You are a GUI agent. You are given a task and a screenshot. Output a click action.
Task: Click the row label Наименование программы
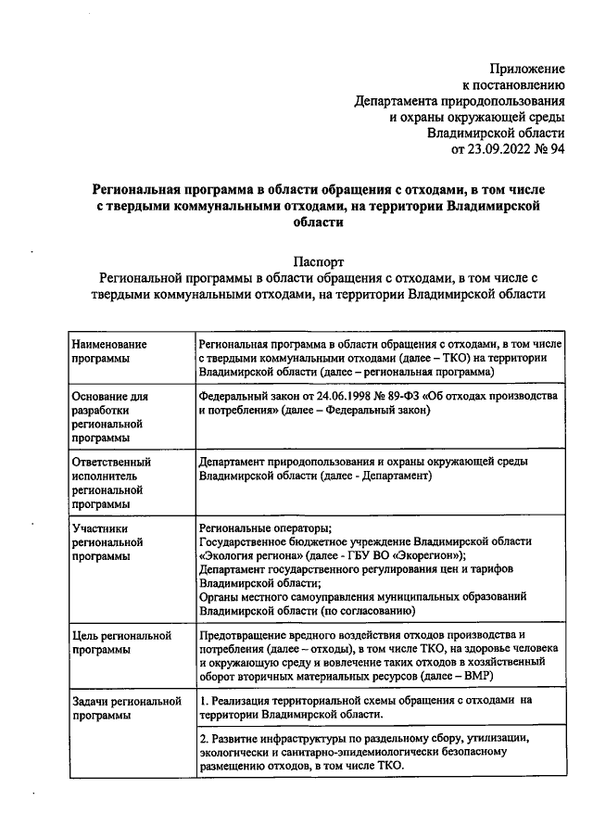[110, 350]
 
